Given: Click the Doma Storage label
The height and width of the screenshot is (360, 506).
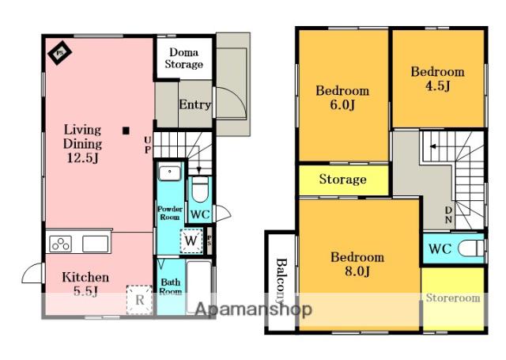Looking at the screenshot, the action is (x=184, y=58).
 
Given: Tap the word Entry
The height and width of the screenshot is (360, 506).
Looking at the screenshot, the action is (x=195, y=104).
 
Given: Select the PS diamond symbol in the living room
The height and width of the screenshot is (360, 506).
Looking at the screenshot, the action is (x=59, y=52).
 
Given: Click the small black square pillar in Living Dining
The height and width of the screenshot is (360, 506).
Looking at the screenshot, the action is (x=126, y=131).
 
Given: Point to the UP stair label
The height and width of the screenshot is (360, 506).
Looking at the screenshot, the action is (x=148, y=145).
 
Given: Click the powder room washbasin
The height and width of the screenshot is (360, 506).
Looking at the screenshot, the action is (x=169, y=172).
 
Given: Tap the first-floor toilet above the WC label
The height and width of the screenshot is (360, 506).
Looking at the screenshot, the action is (x=200, y=190).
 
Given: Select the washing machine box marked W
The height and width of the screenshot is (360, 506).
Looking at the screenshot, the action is (x=191, y=241).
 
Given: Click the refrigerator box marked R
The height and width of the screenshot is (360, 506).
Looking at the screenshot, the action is (x=139, y=300).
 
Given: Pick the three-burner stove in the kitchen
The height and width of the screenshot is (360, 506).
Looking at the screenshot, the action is (x=61, y=244).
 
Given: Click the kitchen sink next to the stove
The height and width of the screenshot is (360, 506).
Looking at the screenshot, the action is (x=95, y=244).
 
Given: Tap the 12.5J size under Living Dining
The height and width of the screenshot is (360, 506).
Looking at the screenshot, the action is (x=83, y=158).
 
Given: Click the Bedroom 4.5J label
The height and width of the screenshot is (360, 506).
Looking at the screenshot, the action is (x=437, y=79).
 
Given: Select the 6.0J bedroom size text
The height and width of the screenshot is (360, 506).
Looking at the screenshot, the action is (x=342, y=105).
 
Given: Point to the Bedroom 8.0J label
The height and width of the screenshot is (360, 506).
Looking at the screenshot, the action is (x=357, y=264).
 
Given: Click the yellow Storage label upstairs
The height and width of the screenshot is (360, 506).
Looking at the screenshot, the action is (x=342, y=180).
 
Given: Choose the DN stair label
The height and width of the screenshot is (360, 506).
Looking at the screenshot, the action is (x=448, y=214).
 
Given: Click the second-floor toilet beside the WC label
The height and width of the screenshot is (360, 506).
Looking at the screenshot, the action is (x=472, y=248).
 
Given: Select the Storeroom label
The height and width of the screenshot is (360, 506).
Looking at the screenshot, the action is (x=453, y=297).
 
